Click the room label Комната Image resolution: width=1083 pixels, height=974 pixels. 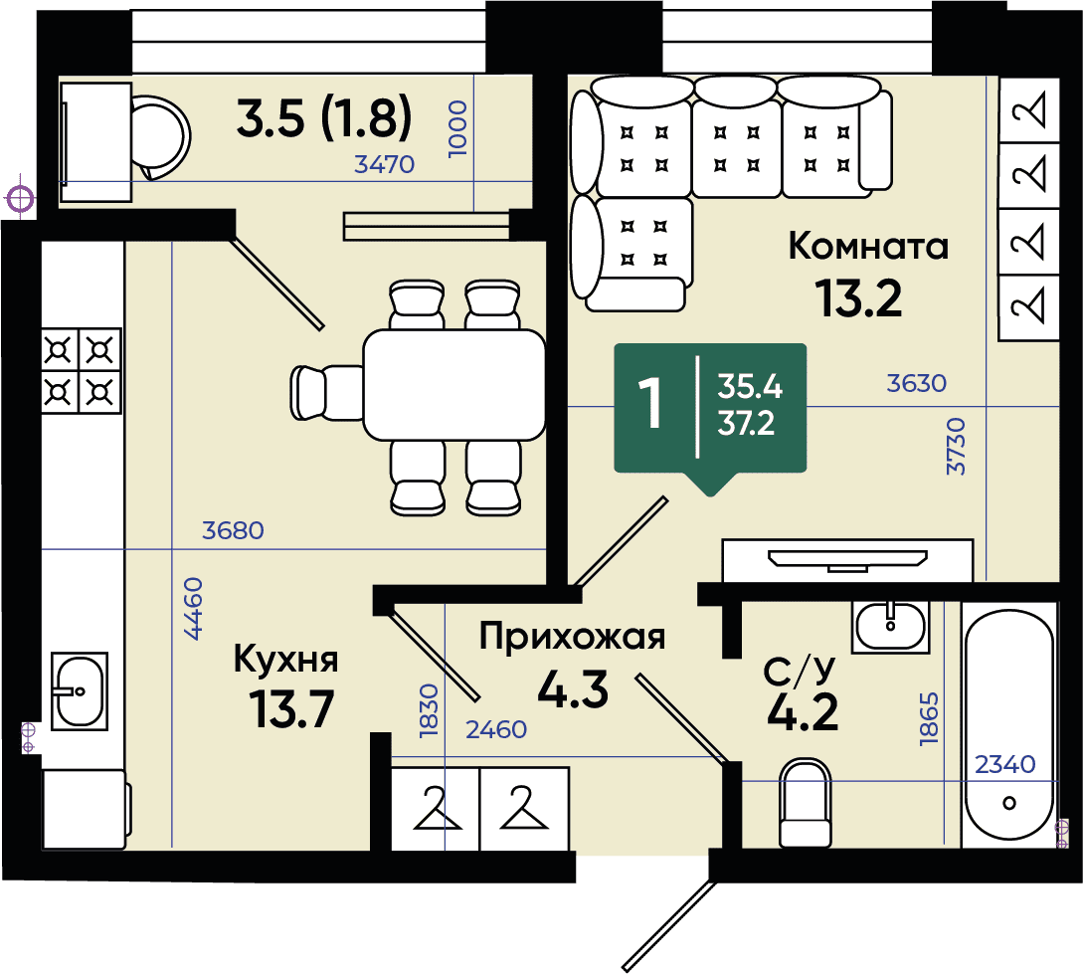pyautogui.click(x=868, y=246)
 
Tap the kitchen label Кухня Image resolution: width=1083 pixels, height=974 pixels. pyautogui.click(x=286, y=659)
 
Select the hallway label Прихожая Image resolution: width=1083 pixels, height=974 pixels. pyautogui.click(x=572, y=636)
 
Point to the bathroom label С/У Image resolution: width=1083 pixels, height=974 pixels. pyautogui.click(x=800, y=670)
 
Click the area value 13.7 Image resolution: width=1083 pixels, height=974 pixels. pyautogui.click(x=291, y=709)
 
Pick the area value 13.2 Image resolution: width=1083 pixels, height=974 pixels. pyautogui.click(x=858, y=298)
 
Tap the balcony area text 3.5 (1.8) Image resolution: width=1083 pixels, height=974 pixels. pyautogui.click(x=324, y=117)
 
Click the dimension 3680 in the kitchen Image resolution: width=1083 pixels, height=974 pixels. pyautogui.click(x=233, y=530)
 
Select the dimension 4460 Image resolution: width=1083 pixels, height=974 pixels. pyautogui.click(x=193, y=609)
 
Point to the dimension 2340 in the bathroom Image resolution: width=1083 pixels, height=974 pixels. pyautogui.click(x=1005, y=764)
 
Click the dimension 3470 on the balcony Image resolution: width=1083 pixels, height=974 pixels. pyautogui.click(x=384, y=164)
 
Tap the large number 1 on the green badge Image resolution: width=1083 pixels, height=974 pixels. pyautogui.click(x=650, y=403)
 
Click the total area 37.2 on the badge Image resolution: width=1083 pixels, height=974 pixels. pyautogui.click(x=746, y=424)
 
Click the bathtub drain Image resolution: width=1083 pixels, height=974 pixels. pyautogui.click(x=1009, y=804)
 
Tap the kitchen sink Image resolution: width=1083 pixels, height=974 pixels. pyautogui.click(x=80, y=690)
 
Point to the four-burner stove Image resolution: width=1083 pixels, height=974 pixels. pyautogui.click(x=82, y=372)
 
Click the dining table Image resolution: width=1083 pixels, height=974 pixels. pyautogui.click(x=454, y=385)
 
